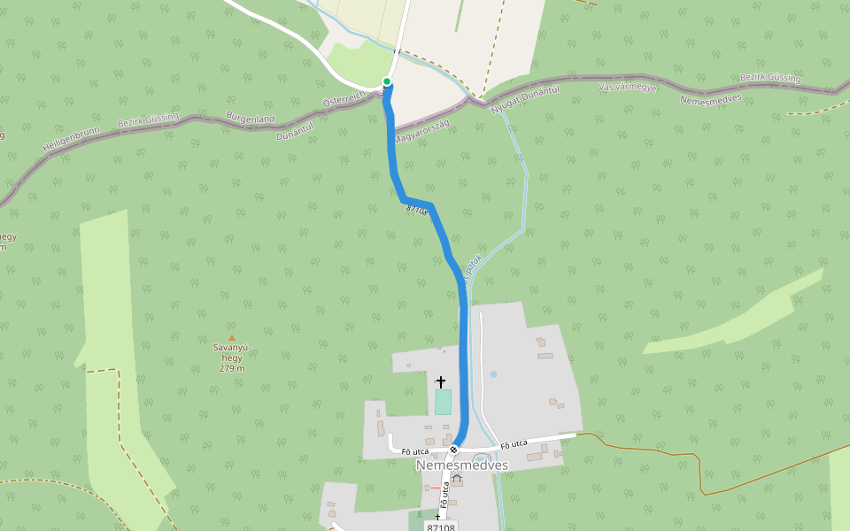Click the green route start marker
coord(387,82)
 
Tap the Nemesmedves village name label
coord(461,465)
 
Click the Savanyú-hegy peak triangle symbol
coord(232,338)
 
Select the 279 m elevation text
coord(232,368)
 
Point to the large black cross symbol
coord(441,381)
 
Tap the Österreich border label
coord(344,101)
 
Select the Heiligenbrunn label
coord(71,142)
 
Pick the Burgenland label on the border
coord(250,118)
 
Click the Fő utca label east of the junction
coord(514,443)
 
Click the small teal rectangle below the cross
coord(443,402)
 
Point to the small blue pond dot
coord(493,374)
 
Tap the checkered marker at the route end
coord(453,450)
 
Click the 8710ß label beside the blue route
coord(417,210)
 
